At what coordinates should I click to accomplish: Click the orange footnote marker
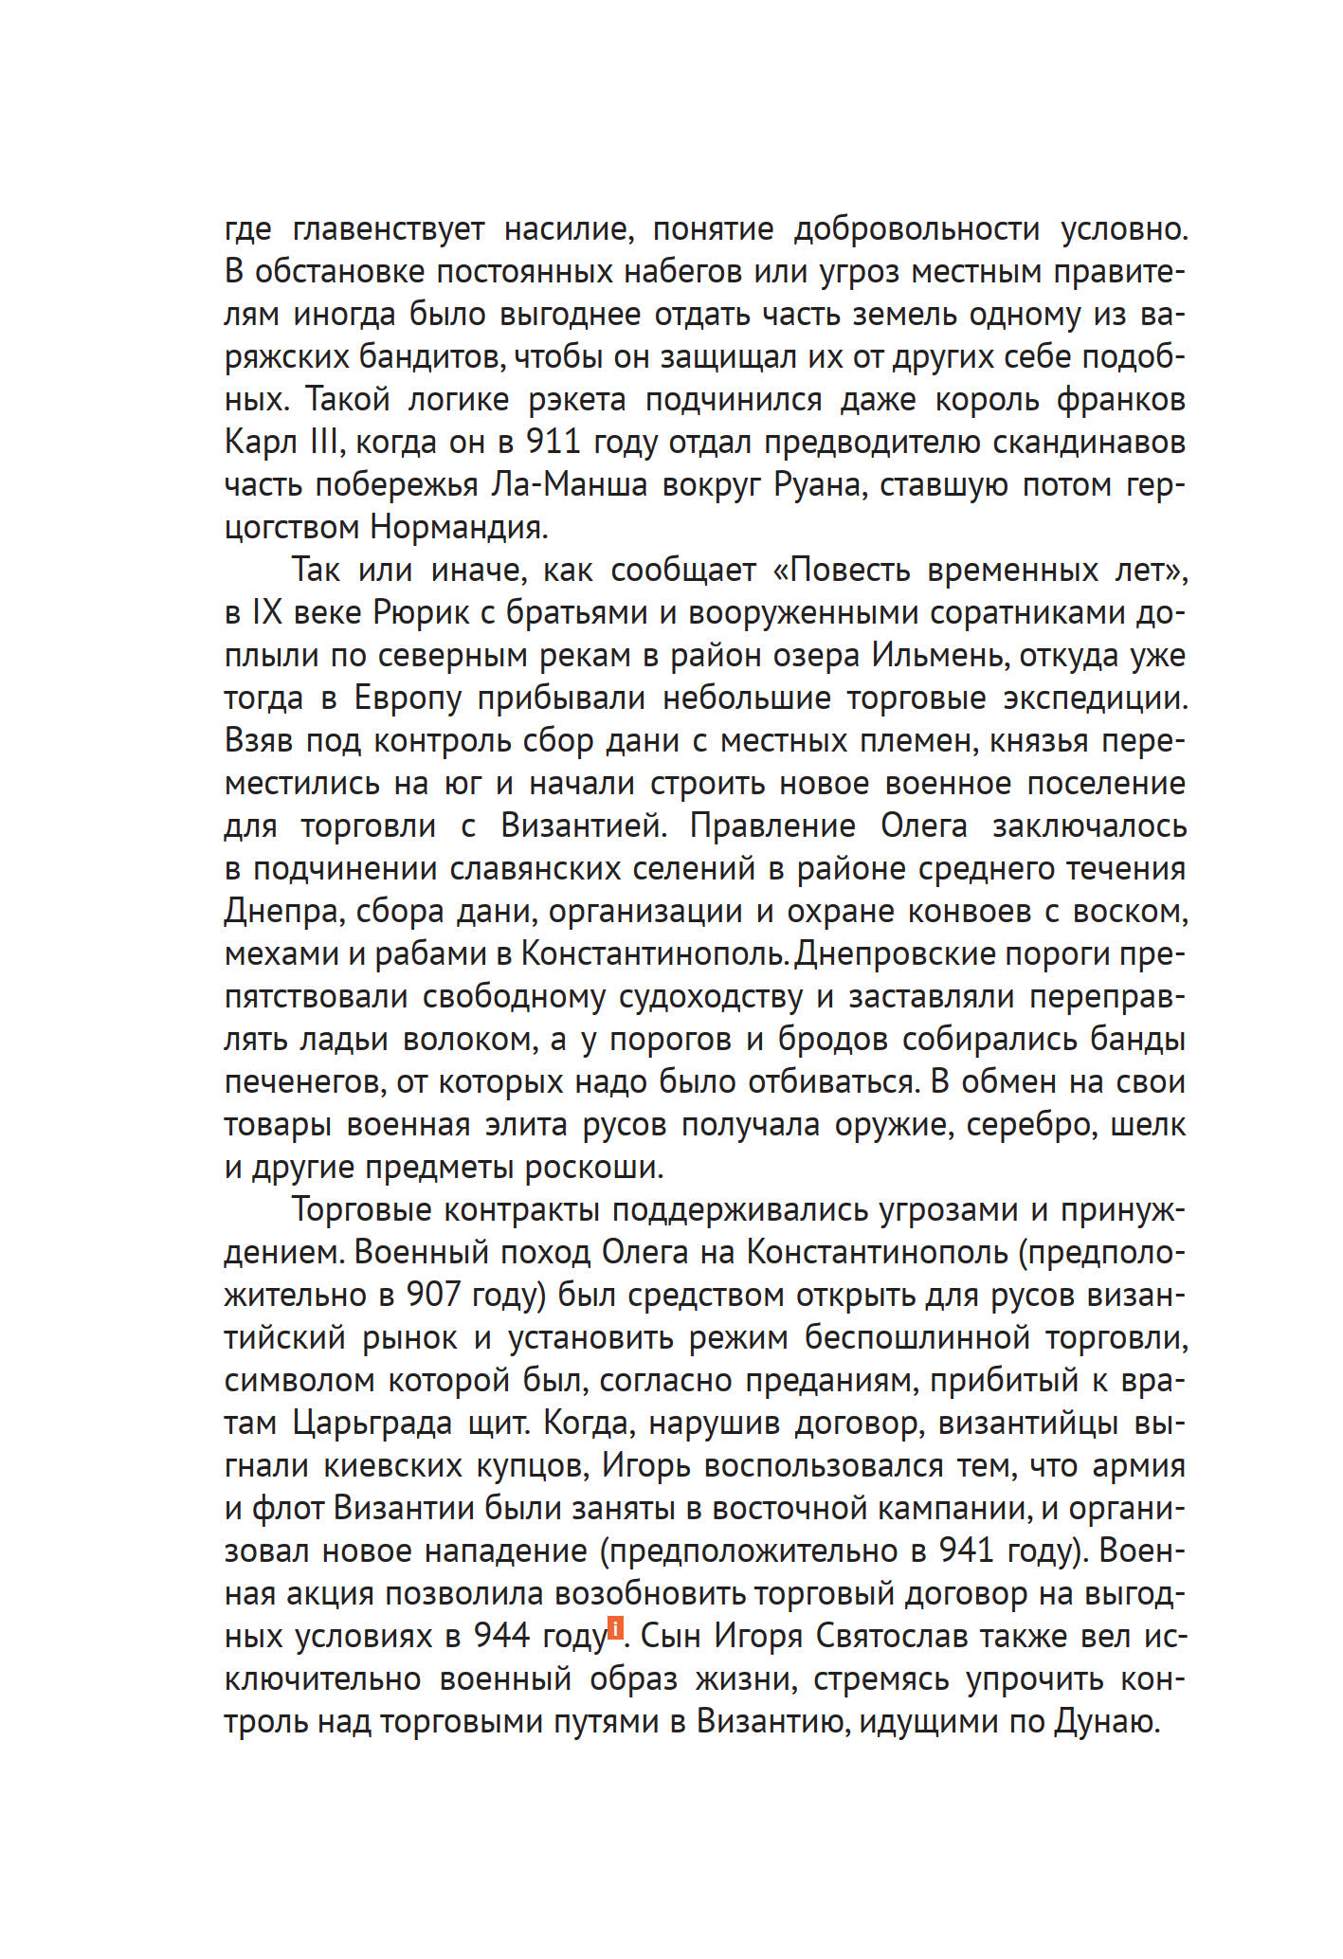(x=615, y=1628)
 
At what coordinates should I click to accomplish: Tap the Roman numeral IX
(x=267, y=613)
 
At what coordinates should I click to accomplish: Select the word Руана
(x=818, y=485)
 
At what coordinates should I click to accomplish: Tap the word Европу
(x=408, y=698)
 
